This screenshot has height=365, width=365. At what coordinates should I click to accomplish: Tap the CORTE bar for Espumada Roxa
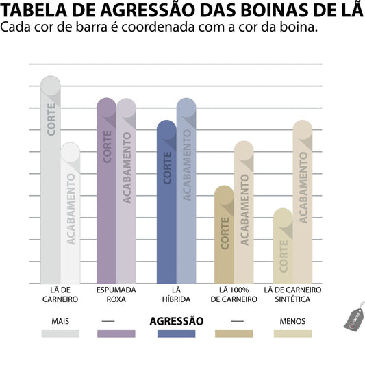point(106,192)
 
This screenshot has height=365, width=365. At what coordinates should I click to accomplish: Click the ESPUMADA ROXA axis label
point(116,294)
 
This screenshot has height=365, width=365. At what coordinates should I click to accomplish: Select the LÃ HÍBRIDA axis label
point(176,294)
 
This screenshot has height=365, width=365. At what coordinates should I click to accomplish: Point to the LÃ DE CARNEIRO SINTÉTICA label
point(292,294)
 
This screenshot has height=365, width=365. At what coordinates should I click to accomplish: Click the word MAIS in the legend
point(60,320)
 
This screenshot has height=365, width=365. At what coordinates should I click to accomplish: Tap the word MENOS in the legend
point(292,320)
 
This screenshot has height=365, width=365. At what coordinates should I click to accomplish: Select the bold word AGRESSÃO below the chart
point(176,320)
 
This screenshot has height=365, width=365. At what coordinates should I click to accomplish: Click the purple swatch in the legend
point(116,333)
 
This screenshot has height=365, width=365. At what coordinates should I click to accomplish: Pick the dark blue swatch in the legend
point(176,333)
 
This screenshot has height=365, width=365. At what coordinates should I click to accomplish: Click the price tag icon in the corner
point(353,318)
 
